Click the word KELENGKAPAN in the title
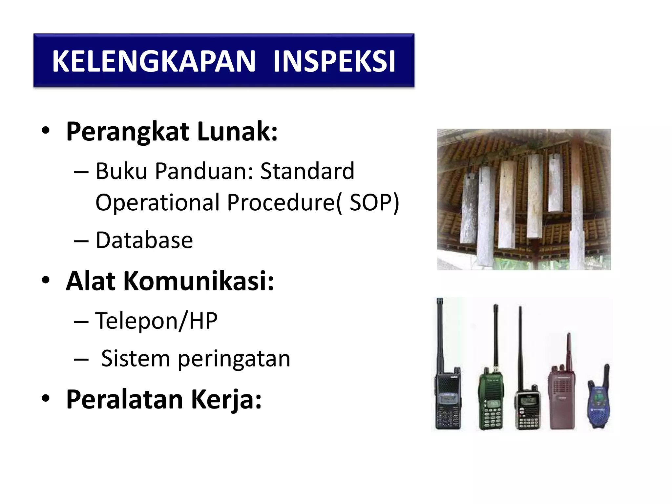(x=154, y=61)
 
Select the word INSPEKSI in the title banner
(x=334, y=61)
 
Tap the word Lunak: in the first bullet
(x=237, y=132)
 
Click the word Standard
(x=307, y=171)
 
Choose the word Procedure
(x=281, y=202)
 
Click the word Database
(x=144, y=240)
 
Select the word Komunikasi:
(x=199, y=281)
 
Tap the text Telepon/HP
(x=156, y=321)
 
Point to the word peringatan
(x=234, y=359)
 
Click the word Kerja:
(x=226, y=399)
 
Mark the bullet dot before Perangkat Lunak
(x=46, y=131)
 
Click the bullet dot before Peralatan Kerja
(x=46, y=398)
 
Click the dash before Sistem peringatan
(x=81, y=359)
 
